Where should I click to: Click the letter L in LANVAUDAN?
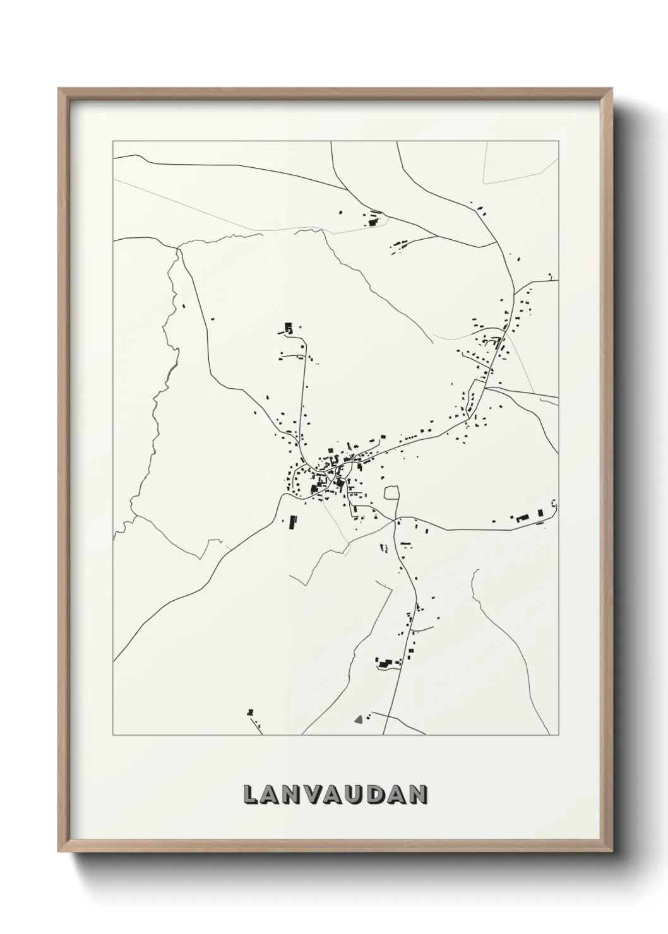[x=251, y=795]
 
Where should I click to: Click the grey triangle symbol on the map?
[x=359, y=718]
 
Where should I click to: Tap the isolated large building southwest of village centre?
[x=292, y=522]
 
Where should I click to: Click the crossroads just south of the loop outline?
[x=395, y=520]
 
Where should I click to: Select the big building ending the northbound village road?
[x=289, y=328]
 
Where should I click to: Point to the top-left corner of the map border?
[x=113, y=141]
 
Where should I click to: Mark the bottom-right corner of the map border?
[x=559, y=735]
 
